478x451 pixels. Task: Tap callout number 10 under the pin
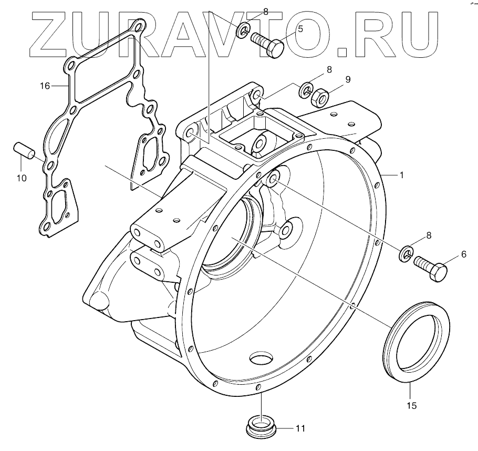[22, 178]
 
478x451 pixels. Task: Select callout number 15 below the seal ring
[412, 406]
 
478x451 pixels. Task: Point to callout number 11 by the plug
[300, 428]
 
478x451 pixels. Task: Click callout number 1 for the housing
[402, 175]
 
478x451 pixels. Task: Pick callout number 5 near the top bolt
[300, 29]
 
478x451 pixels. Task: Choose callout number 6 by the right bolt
[464, 254]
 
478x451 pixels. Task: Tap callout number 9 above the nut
[347, 80]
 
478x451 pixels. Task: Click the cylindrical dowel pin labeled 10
[24, 148]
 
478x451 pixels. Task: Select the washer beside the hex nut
[306, 90]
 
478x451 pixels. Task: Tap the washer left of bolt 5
[242, 30]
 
